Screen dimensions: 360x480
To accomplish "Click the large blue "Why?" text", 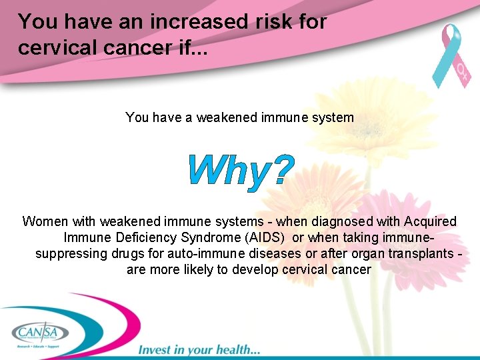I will coord(241,171).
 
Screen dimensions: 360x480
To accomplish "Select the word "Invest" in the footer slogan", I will coord(155,349).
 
